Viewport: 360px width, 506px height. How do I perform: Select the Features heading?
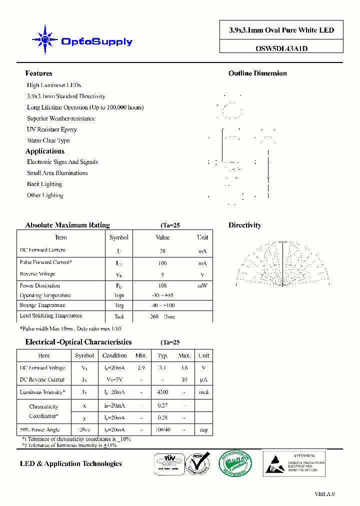tap(38, 73)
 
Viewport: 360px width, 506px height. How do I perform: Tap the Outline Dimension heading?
tap(257, 73)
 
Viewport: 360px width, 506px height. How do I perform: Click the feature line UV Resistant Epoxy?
tap(51, 129)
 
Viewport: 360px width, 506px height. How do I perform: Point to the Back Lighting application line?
tap(44, 184)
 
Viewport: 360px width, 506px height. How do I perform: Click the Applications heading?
tap(45, 151)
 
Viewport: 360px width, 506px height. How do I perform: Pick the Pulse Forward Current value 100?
tap(162, 263)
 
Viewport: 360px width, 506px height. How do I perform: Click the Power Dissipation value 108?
tap(162, 286)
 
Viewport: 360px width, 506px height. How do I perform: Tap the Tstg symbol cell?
tap(118, 305)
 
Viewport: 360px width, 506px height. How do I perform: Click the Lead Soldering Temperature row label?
tap(50, 316)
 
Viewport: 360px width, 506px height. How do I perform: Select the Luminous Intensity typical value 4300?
tap(162, 392)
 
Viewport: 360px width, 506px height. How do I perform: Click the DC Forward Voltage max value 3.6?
tap(184, 368)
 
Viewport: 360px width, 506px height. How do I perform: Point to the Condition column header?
tap(114, 355)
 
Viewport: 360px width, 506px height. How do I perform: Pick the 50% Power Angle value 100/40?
tap(162, 430)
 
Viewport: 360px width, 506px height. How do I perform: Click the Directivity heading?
tap(245, 225)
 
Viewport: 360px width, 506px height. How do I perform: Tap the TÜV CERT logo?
tap(167, 463)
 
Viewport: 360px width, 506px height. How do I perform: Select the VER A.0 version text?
tap(324, 494)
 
